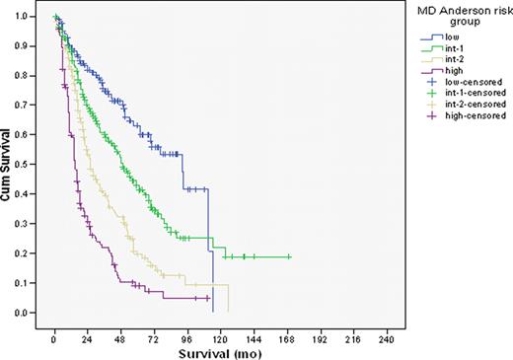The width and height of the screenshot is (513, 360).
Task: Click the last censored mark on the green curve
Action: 289,256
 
